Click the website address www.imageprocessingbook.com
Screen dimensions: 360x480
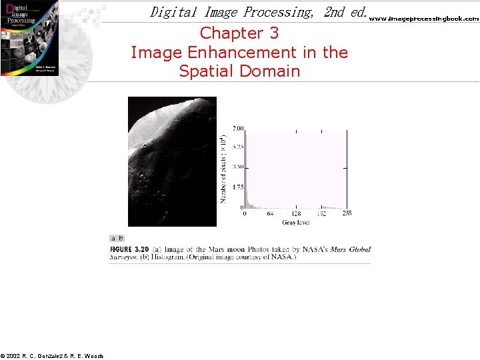coord(424,19)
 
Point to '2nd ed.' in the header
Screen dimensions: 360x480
coord(344,12)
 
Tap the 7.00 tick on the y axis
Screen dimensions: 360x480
coord(237,127)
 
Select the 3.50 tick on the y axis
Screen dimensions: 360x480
coord(237,167)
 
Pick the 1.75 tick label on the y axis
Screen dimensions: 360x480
coord(237,187)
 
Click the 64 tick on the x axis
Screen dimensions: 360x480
coord(270,213)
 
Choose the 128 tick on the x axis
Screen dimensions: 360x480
coord(295,213)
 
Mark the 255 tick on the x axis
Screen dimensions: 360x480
coord(347,213)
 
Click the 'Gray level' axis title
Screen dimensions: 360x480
coord(294,222)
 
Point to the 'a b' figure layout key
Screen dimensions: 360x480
coord(117,238)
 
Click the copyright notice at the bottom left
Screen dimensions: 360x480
coord(52,356)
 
